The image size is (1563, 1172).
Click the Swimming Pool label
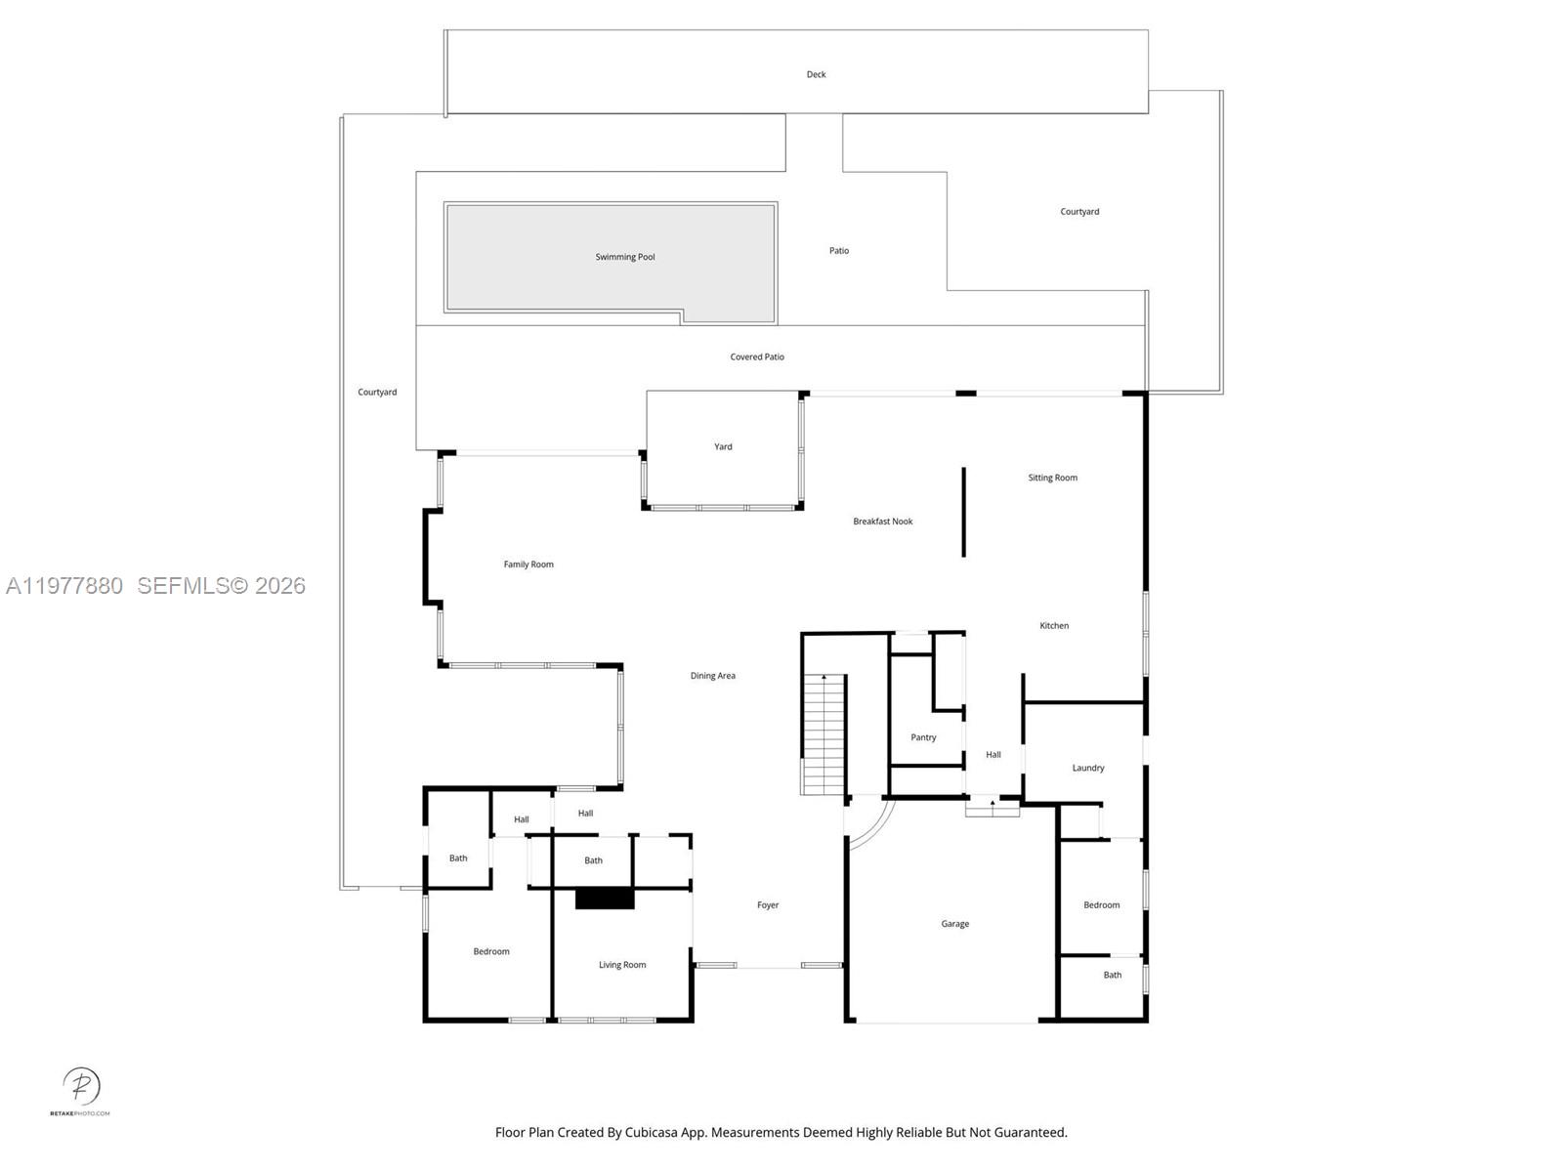625,257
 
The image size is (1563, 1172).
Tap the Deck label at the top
816,74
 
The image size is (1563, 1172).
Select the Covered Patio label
757,356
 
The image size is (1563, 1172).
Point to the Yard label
723,446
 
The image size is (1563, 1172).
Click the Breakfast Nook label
882,522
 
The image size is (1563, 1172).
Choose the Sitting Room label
1052,478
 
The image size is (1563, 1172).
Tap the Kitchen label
1054,625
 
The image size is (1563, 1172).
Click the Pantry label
923,737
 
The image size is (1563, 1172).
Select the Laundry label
1087,768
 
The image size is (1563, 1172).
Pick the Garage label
954,923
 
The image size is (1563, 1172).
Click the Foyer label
768,905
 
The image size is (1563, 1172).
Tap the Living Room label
622,965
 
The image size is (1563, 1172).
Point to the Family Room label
528,564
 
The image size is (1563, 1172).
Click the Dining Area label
712,676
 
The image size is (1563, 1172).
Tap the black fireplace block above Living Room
605,899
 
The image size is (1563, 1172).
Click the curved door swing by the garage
872,825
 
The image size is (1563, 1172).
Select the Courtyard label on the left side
377,392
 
